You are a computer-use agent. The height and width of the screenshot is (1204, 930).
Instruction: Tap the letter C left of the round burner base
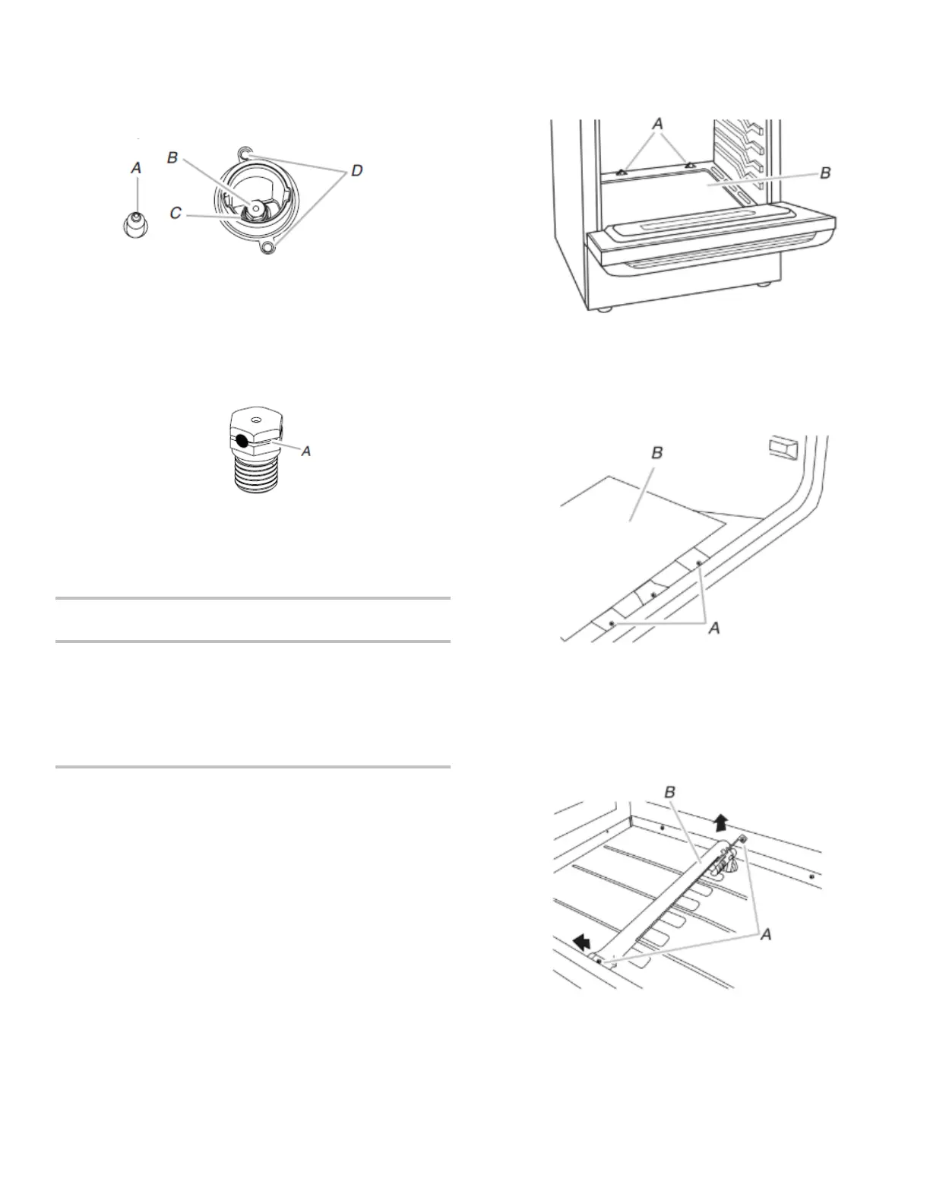(x=176, y=214)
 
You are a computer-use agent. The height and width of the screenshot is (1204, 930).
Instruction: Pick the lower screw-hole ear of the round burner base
(x=267, y=247)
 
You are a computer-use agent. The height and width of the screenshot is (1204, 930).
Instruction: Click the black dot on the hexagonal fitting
(x=240, y=440)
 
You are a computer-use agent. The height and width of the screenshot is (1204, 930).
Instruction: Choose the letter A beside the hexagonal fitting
(x=306, y=451)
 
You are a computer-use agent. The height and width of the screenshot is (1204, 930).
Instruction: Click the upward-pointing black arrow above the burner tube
(x=721, y=820)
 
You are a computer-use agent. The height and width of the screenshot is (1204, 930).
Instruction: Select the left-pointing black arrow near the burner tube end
(x=583, y=943)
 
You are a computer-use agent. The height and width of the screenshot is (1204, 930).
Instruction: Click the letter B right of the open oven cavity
(x=825, y=173)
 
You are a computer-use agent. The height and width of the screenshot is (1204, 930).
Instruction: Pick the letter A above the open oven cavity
(x=658, y=123)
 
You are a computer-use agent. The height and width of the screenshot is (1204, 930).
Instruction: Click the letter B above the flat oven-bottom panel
(x=657, y=452)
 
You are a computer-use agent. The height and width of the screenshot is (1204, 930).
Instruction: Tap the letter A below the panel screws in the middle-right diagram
(x=714, y=628)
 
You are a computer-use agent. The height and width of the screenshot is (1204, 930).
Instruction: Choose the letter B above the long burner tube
(x=670, y=793)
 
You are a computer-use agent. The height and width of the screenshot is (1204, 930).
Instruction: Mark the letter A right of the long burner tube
(x=766, y=934)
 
